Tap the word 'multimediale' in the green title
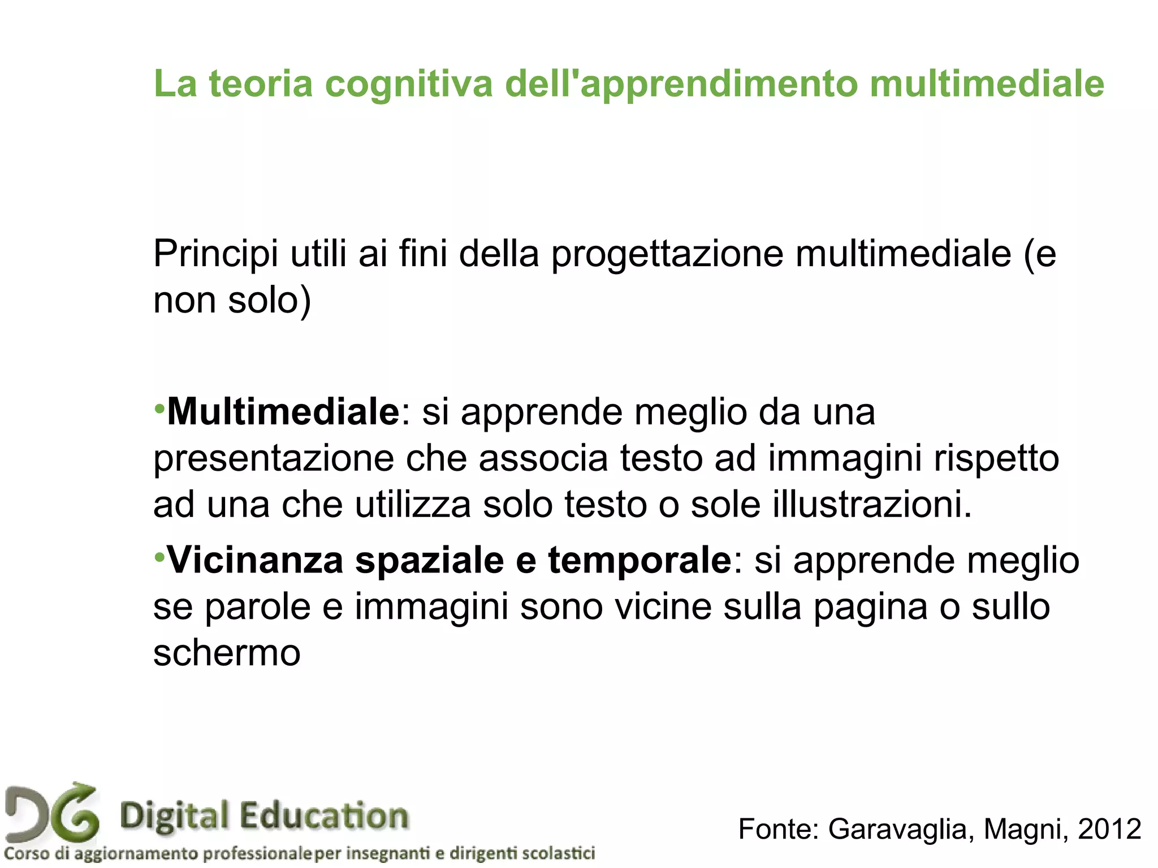[x=986, y=84]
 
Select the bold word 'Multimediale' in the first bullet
[x=283, y=412]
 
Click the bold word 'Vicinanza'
[x=256, y=561]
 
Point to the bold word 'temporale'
[x=640, y=561]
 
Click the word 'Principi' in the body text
[x=215, y=254]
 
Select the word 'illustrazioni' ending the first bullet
[x=866, y=504]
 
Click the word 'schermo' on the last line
[x=227, y=654]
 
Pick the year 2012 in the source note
[x=1109, y=829]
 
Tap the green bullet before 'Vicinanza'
[x=159, y=557]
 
